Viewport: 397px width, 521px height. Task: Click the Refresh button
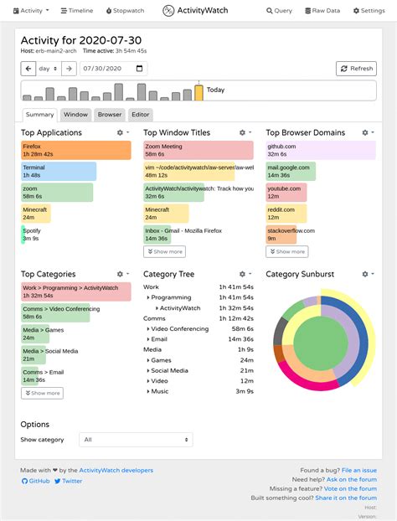click(356, 69)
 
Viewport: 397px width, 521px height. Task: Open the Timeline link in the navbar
click(76, 11)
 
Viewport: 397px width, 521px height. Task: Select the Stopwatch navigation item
click(125, 11)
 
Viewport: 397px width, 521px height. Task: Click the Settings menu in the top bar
click(369, 11)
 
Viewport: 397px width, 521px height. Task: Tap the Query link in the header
click(280, 11)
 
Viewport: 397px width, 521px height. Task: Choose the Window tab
click(76, 115)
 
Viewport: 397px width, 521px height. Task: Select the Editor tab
click(141, 115)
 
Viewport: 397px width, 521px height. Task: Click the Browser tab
click(110, 115)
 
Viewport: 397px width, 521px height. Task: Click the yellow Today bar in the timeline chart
click(198, 92)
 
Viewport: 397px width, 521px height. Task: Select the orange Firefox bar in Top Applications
click(76, 150)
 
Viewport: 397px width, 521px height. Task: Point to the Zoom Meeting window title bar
click(198, 150)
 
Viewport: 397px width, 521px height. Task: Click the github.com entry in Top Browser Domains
click(321, 150)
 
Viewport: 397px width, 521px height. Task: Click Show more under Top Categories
click(42, 393)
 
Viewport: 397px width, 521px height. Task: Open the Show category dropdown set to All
click(136, 440)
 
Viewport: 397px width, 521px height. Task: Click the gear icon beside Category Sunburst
click(366, 274)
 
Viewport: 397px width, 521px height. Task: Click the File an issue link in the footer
click(359, 471)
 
